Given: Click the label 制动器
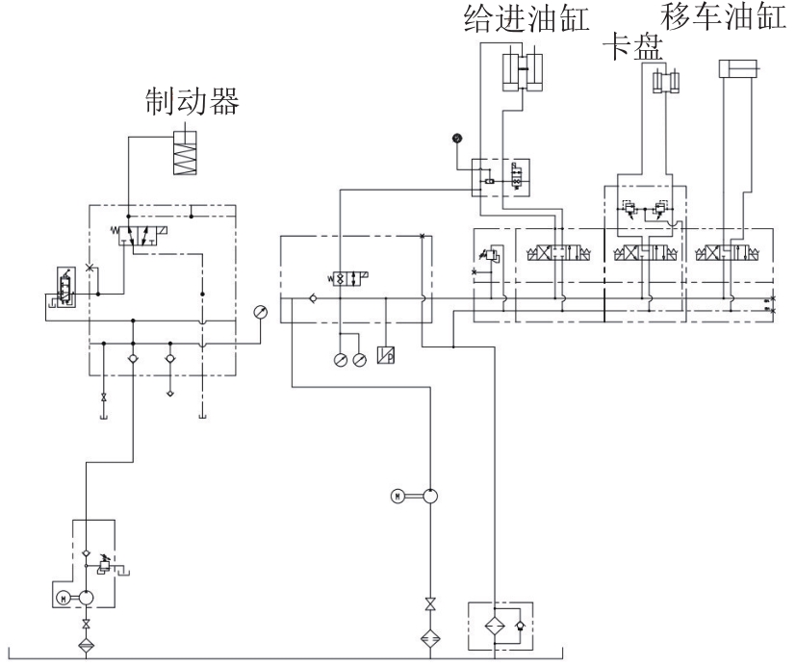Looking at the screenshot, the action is (x=192, y=101).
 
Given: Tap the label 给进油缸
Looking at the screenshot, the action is (x=526, y=19).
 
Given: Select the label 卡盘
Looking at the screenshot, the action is (x=633, y=47).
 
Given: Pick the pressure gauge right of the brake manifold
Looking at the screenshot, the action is (x=260, y=312).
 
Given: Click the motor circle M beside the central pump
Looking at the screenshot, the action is (x=398, y=496).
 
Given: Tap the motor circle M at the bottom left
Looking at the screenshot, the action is (x=64, y=599).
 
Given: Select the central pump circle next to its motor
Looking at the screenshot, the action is (x=430, y=496).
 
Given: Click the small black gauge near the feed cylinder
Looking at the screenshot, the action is (x=457, y=138).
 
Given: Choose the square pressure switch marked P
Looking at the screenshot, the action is (x=386, y=355).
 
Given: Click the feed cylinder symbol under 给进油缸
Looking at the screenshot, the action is (x=523, y=72).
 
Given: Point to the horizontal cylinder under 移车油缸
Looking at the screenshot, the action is (x=738, y=68).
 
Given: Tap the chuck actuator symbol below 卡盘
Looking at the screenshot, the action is (x=666, y=82).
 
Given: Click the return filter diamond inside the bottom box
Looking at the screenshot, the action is (x=494, y=626).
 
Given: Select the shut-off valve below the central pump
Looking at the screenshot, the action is (x=430, y=604).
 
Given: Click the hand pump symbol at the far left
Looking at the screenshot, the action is (x=66, y=286).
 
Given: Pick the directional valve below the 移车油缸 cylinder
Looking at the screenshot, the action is (x=727, y=252).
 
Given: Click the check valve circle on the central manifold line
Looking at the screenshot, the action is (x=313, y=298).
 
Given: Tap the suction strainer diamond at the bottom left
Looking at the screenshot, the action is (x=87, y=645).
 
